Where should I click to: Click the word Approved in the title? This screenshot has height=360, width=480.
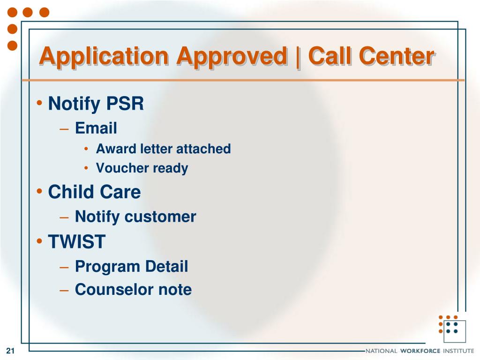tap(232, 57)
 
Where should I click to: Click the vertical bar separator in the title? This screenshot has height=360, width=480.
tap(298, 57)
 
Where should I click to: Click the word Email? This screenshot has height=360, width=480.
tap(96, 127)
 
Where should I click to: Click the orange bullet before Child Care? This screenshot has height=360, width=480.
tap(39, 192)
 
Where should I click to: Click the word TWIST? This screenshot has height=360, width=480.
tap(77, 241)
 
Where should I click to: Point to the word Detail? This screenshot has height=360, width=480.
tap(166, 266)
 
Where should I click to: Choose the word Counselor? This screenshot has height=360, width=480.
tap(114, 290)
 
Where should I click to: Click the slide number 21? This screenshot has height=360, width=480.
tap(10, 351)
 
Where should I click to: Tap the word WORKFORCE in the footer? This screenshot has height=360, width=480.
tap(420, 351)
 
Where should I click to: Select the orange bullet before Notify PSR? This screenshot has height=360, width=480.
tap(39, 103)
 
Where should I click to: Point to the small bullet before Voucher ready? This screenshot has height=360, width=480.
tap(86, 168)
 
